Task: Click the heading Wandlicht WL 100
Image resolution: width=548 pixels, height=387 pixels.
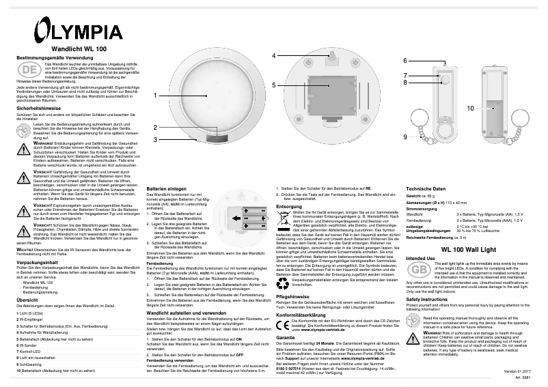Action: [79, 50]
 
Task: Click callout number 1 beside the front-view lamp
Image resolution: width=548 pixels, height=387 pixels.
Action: [156, 95]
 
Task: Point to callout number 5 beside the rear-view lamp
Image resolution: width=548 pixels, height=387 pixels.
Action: [273, 85]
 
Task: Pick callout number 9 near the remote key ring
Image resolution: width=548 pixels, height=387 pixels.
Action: [405, 137]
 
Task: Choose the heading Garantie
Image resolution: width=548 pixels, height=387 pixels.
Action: [286, 337]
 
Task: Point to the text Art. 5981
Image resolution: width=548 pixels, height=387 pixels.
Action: [523, 377]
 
